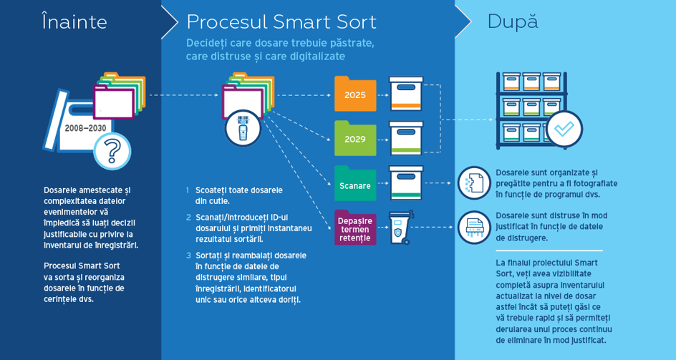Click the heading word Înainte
74,22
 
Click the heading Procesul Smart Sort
281,22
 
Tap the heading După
512,22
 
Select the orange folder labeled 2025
355,94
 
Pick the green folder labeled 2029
355,139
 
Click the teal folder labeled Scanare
355,185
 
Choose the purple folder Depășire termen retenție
355,228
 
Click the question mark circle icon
112,151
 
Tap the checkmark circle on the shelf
564,129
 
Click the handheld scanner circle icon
243,127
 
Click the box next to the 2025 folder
406,94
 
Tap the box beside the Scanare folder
406,183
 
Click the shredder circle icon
474,227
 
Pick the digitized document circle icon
474,183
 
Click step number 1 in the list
188,190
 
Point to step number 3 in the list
188,256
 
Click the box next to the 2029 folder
406,138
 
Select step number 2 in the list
188,218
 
